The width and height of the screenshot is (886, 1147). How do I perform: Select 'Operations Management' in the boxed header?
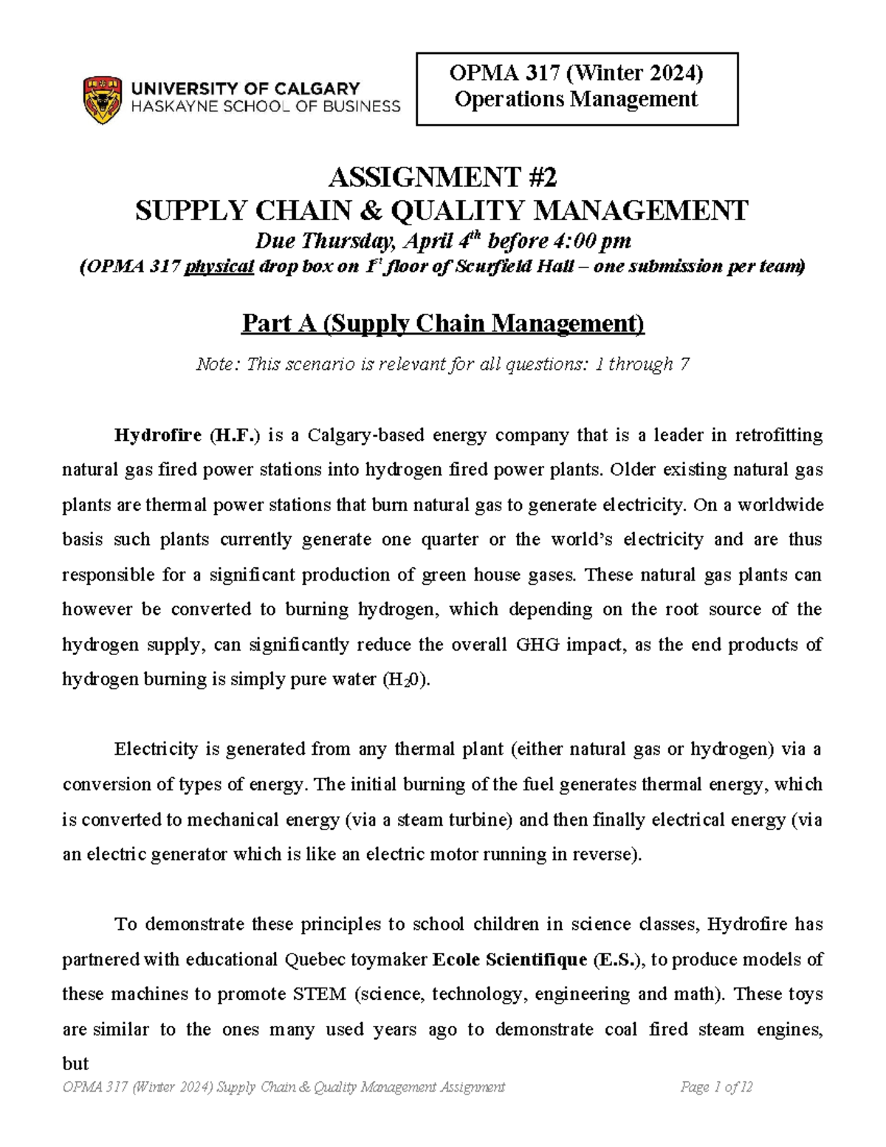coord(576,99)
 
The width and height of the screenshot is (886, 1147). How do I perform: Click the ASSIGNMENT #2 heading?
coord(442,177)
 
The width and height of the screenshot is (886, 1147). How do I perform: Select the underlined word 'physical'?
coord(219,267)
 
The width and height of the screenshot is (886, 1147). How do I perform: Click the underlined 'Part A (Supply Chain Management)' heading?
coord(443,323)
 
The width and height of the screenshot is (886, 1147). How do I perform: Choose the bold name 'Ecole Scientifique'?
coord(509,960)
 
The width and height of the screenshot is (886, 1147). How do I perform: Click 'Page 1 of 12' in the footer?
coord(716,1086)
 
